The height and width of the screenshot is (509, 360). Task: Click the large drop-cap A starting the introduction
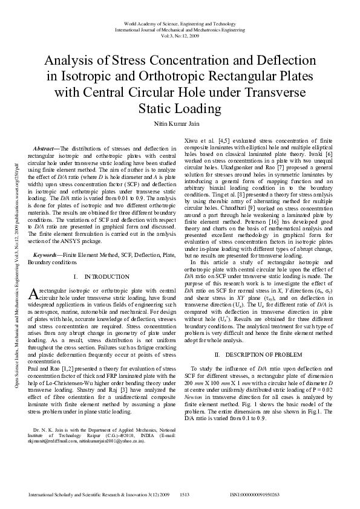33,293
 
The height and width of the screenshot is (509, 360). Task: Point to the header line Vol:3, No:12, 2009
180,36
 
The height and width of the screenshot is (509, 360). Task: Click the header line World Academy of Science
180,24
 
